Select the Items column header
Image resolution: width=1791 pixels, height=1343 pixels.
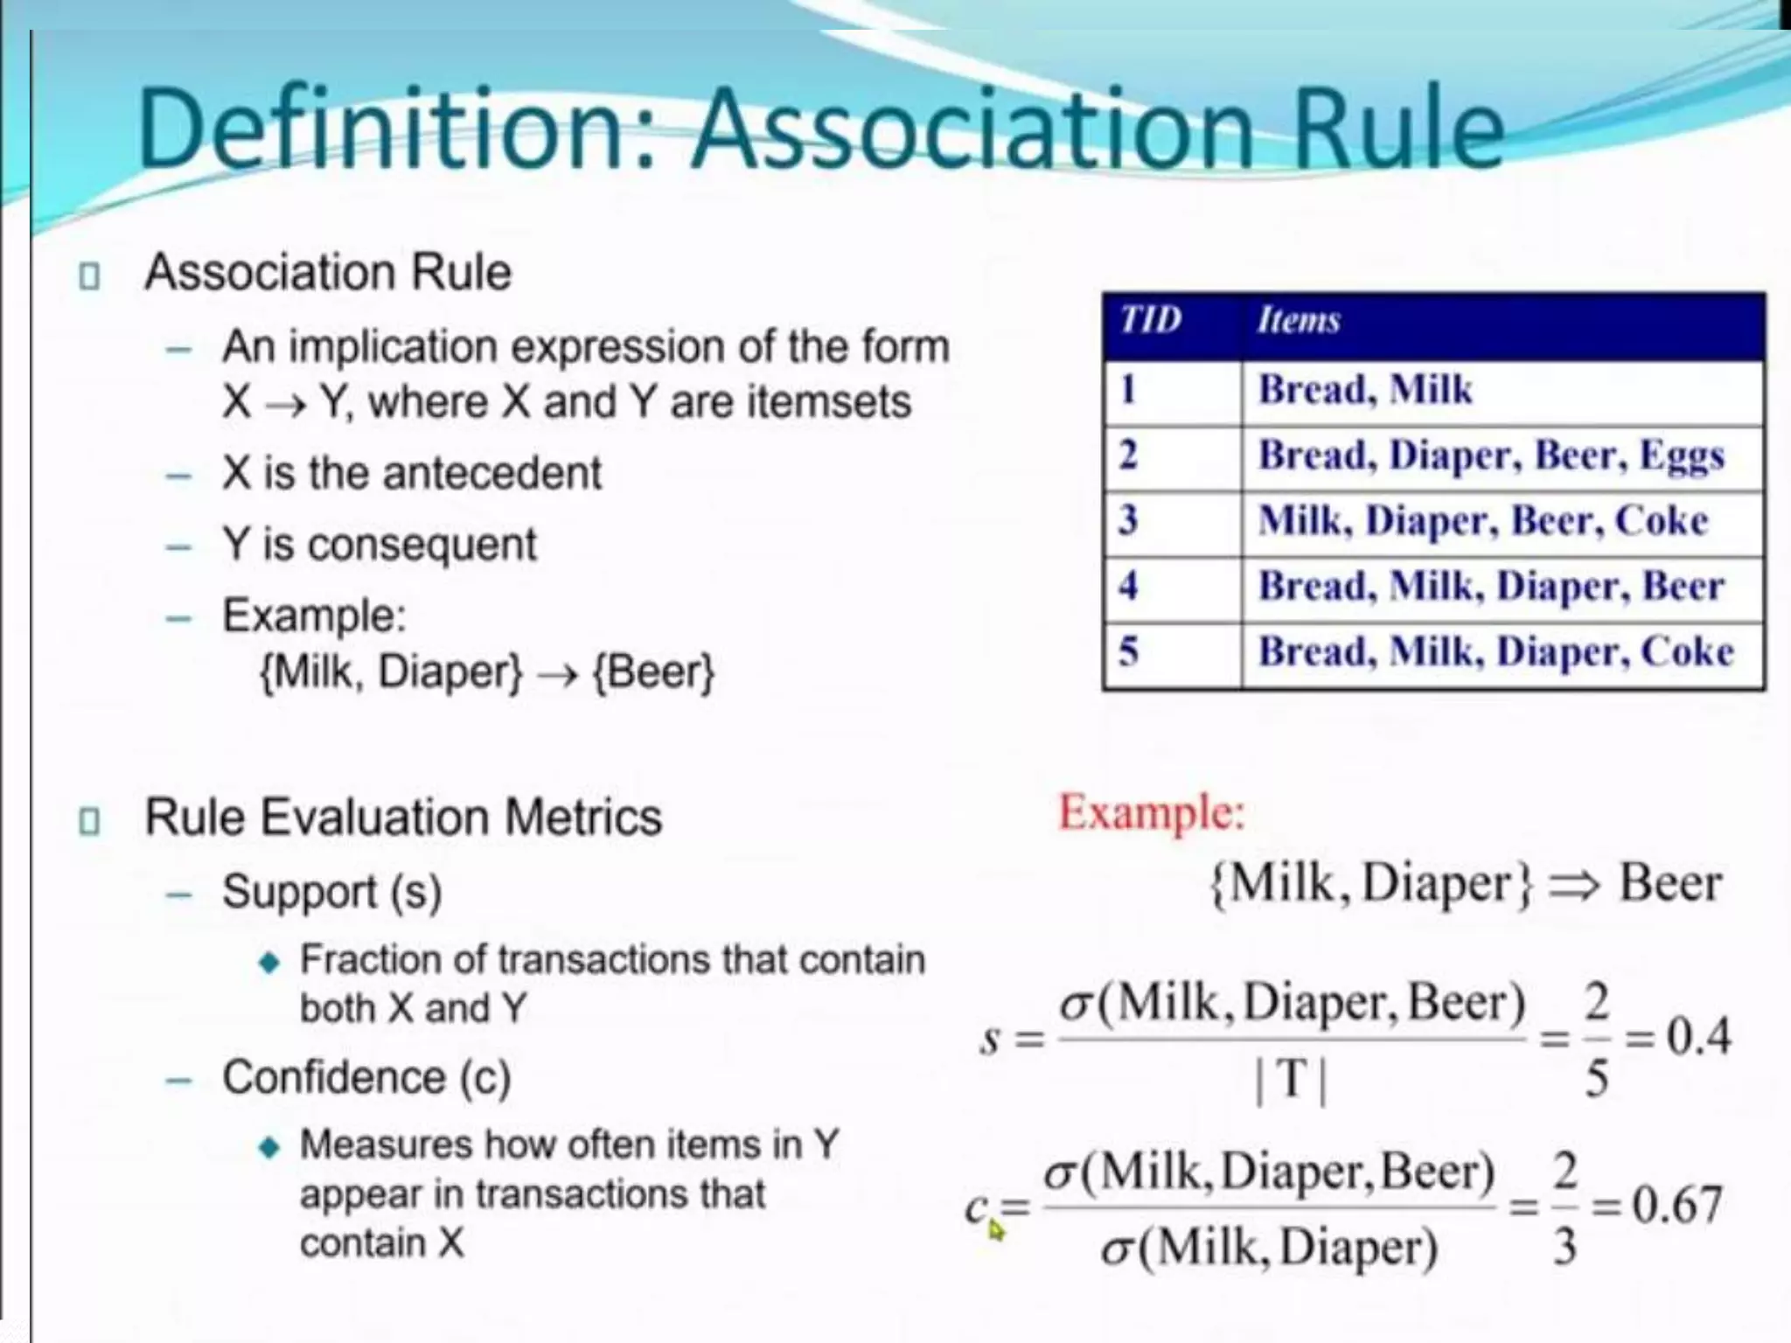(1299, 321)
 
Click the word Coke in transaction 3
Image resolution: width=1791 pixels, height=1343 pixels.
(1661, 521)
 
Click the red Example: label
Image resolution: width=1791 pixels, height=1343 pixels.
(1151, 812)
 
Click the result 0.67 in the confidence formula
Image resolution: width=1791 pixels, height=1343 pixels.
(1676, 1206)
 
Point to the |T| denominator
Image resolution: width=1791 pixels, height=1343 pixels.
(1291, 1080)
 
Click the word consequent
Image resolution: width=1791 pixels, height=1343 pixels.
(422, 545)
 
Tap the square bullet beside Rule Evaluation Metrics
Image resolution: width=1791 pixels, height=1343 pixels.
(89, 821)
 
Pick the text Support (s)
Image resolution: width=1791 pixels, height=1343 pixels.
(332, 892)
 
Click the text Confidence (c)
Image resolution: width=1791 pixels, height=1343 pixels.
(366, 1077)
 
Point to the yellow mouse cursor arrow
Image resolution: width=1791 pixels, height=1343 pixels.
(996, 1230)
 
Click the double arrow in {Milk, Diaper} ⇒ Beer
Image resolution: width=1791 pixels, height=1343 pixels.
(1574, 885)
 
